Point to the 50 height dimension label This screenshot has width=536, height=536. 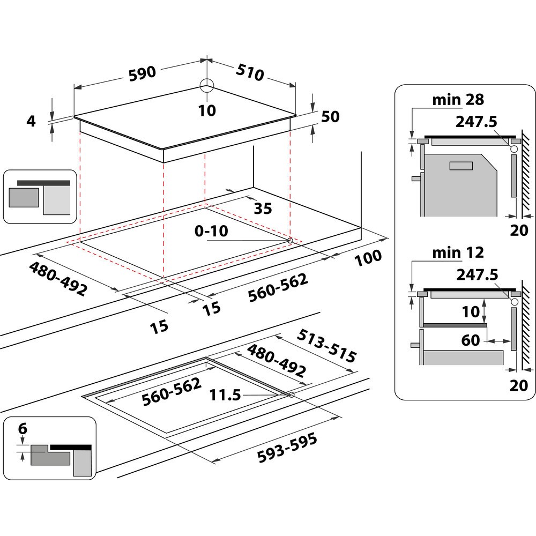[330, 116]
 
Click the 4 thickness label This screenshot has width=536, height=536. [31, 121]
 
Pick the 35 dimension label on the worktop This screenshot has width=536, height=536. [263, 208]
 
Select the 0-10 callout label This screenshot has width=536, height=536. [212, 231]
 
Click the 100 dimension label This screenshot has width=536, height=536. [368, 258]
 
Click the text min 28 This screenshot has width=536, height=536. [458, 99]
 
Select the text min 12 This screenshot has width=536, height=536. [458, 252]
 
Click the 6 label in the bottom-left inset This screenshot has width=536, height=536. [22, 429]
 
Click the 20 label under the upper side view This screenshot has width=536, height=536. [519, 230]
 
